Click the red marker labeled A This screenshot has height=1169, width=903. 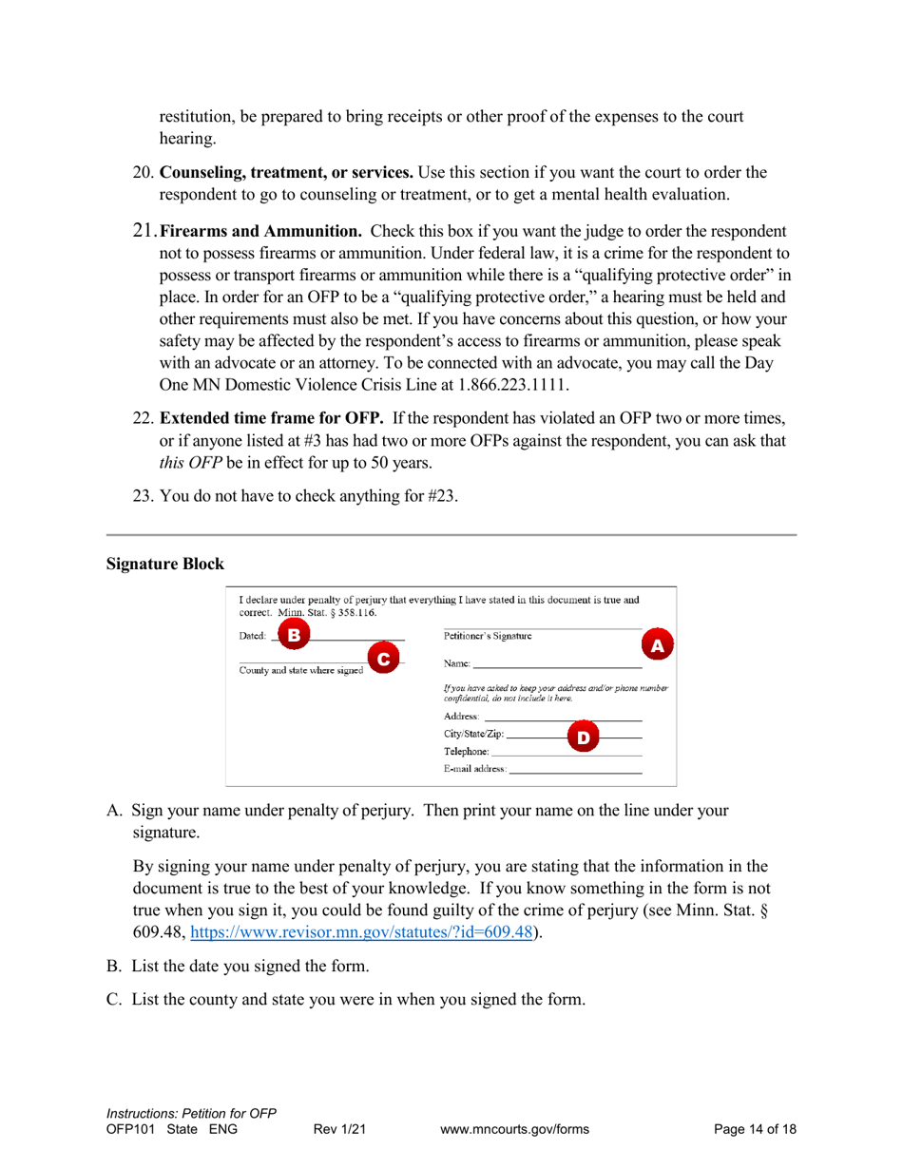point(655,644)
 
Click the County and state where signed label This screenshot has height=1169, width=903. point(295,668)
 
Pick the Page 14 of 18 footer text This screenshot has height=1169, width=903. point(755,1129)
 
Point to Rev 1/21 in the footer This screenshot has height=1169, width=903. point(339,1129)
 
